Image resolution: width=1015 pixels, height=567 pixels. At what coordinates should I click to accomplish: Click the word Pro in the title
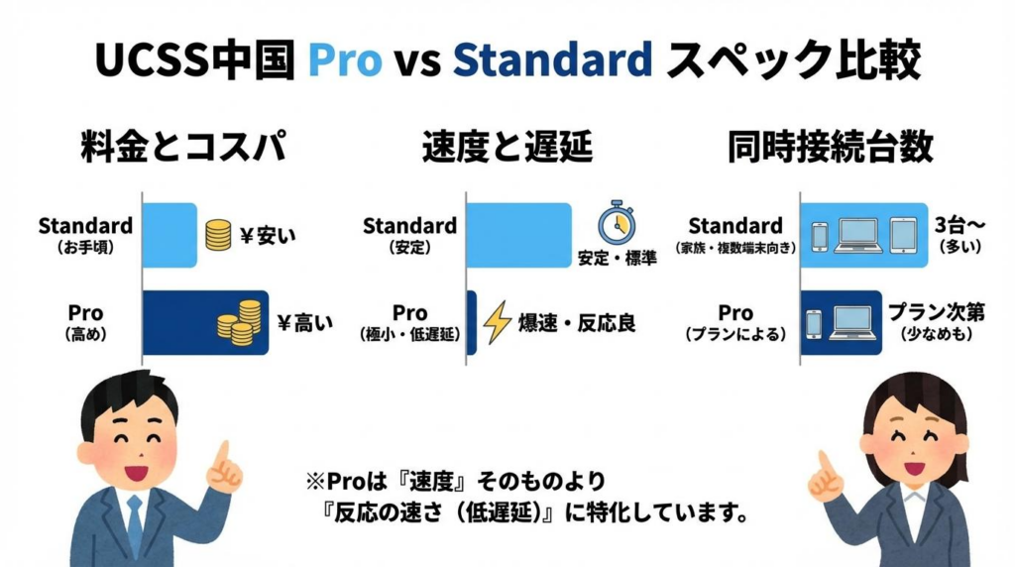point(343,60)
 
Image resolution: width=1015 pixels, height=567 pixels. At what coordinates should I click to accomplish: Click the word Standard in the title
point(552,60)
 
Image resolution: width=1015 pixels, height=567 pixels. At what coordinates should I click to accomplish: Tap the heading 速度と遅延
point(507,148)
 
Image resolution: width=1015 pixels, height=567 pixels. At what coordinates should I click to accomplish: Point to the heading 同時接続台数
point(829,148)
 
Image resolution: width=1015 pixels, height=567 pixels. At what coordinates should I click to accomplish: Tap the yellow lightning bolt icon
point(497,322)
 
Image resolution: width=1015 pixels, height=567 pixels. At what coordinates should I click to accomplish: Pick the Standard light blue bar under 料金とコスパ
point(170,235)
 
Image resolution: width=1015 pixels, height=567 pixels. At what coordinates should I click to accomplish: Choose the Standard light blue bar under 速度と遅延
point(518,235)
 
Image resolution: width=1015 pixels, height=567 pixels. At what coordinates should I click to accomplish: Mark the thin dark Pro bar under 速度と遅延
point(471,322)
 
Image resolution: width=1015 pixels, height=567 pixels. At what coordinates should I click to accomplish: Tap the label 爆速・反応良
point(576,323)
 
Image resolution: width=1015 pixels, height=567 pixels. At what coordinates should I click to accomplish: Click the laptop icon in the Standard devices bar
point(858,235)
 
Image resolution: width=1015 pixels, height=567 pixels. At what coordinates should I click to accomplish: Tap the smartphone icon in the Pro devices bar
point(814,322)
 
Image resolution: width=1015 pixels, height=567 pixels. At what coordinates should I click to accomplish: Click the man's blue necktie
point(134,525)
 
